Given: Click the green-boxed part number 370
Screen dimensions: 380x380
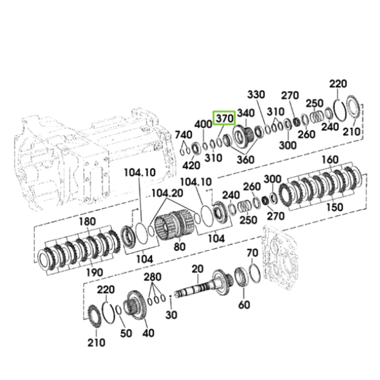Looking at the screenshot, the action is click(224, 118).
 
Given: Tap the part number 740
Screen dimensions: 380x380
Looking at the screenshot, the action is click(184, 134).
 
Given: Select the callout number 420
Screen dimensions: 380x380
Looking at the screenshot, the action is click(191, 165).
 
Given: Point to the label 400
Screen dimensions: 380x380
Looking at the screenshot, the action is click(203, 124).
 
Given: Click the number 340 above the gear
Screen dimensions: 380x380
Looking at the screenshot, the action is click(246, 113).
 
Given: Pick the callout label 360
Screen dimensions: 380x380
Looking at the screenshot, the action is click(245, 160).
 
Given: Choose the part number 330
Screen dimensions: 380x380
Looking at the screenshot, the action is click(256, 94).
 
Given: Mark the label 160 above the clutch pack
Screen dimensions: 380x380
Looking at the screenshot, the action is click(330, 160).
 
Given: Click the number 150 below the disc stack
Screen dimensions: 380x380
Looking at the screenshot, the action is click(334, 207).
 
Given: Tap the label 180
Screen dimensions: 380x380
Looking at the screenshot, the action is click(87, 222).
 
